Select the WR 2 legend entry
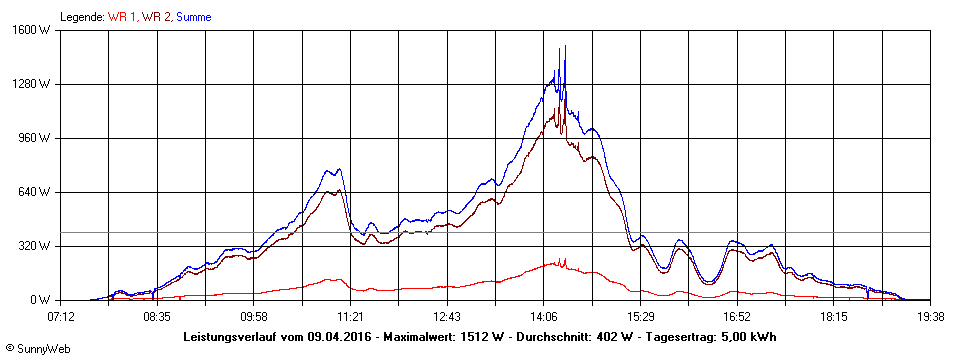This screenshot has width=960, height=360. (x=156, y=17)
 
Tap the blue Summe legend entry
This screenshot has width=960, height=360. (x=193, y=17)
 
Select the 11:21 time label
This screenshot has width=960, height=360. (x=351, y=316)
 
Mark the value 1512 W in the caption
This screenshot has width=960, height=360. (x=476, y=337)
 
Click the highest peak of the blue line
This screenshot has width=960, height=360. (x=565, y=46)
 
